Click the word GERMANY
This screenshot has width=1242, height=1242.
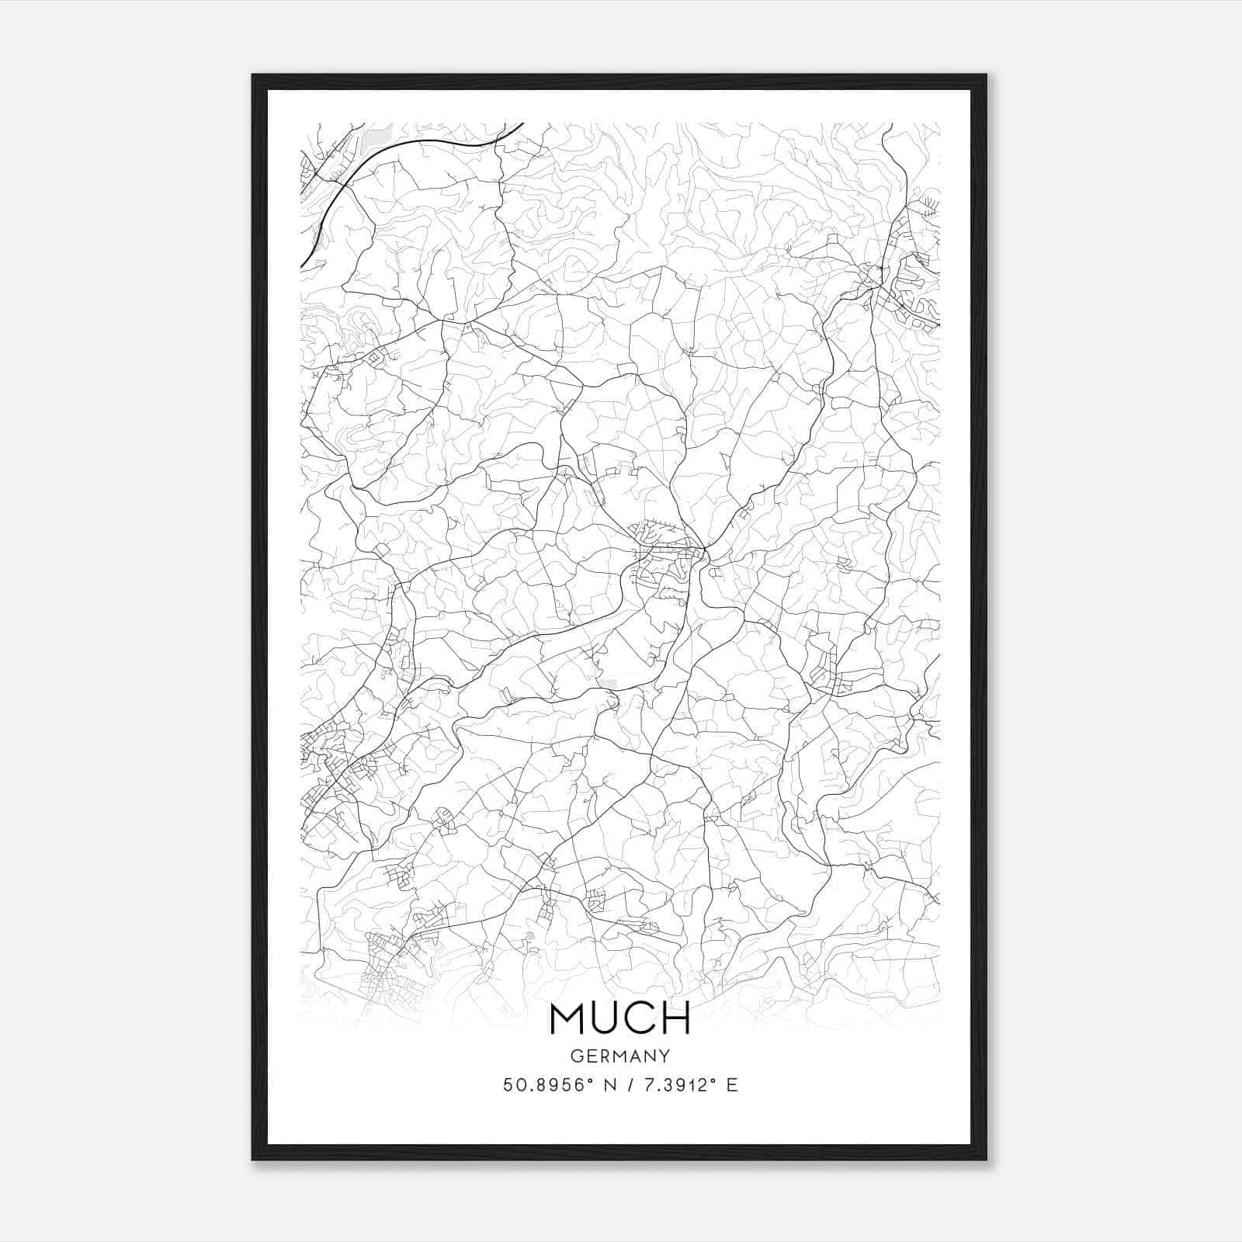(x=620, y=1056)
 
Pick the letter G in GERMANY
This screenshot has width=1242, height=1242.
(x=576, y=1056)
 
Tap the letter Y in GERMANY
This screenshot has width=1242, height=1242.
(x=664, y=1056)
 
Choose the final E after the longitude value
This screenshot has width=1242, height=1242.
(x=732, y=1084)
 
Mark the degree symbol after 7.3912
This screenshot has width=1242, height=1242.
(x=712, y=1080)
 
